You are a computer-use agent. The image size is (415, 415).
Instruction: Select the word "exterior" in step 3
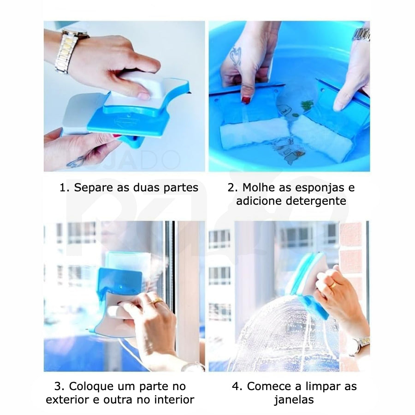click(x=67, y=400)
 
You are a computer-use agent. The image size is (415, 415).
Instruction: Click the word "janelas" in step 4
click(x=294, y=400)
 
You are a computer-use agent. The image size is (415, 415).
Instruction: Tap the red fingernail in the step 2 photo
click(x=246, y=100)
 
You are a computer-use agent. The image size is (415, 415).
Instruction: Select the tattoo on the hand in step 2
click(x=235, y=56)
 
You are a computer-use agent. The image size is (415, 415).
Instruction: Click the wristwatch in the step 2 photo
click(x=361, y=35)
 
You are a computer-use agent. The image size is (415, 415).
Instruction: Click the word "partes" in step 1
click(x=181, y=188)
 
